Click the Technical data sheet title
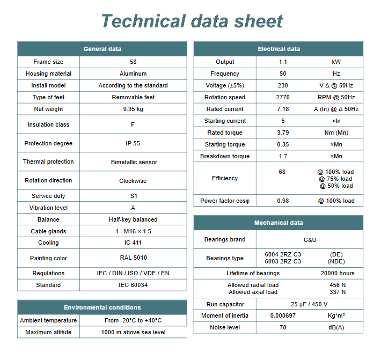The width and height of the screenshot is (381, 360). (192, 21)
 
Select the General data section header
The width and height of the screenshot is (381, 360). (102, 49)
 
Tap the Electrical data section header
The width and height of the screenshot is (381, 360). (279, 49)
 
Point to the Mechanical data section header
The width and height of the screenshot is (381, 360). (279, 223)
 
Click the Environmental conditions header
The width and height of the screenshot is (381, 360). (102, 307)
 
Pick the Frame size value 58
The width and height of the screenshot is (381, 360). (133, 62)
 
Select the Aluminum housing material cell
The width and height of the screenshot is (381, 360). (133, 74)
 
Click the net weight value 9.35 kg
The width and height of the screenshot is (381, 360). (133, 109)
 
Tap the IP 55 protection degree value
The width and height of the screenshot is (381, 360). (133, 143)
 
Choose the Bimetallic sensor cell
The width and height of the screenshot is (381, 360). (133, 161)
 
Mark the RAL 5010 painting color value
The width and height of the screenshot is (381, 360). (133, 258)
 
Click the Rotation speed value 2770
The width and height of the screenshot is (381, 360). (283, 97)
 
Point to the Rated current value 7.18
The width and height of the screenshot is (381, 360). (283, 109)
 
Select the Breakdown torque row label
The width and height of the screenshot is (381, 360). (225, 156)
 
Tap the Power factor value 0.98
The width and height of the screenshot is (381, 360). (283, 201)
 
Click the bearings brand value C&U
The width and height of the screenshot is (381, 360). (310, 239)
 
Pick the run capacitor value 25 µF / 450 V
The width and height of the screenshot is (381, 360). (310, 304)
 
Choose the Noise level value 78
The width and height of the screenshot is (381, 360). (283, 327)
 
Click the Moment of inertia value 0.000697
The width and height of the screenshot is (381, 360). (283, 315)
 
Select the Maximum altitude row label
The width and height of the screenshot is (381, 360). (48, 332)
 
